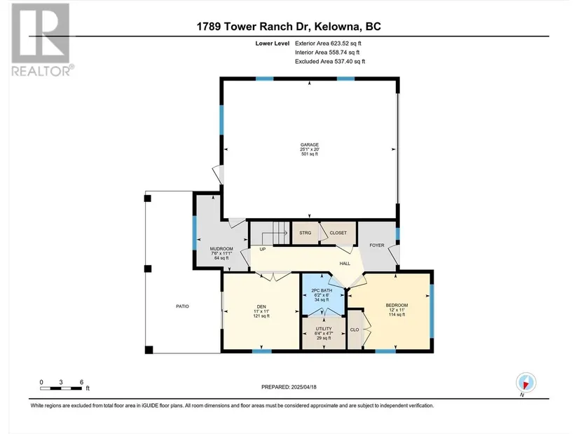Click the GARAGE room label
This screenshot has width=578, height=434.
(x=309, y=144)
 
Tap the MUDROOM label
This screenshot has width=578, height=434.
(x=221, y=249)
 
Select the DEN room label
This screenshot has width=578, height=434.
(x=261, y=306)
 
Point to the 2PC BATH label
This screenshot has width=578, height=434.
(x=322, y=290)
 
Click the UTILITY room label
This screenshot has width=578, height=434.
(x=324, y=328)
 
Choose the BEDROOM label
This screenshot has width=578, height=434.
(x=397, y=305)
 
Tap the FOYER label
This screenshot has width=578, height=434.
(x=377, y=245)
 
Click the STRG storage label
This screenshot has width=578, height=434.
(x=305, y=233)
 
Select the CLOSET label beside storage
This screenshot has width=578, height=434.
(x=338, y=233)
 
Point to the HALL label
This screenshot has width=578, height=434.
(x=345, y=264)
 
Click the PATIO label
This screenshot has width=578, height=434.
(x=182, y=306)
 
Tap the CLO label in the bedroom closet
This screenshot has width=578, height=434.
(x=355, y=330)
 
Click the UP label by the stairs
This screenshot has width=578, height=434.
(x=263, y=249)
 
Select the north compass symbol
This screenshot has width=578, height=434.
(x=526, y=382)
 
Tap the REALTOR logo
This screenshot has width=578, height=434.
(x=41, y=39)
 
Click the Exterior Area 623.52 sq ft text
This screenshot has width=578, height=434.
(x=328, y=43)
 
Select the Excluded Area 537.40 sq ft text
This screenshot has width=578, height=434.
(x=330, y=62)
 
